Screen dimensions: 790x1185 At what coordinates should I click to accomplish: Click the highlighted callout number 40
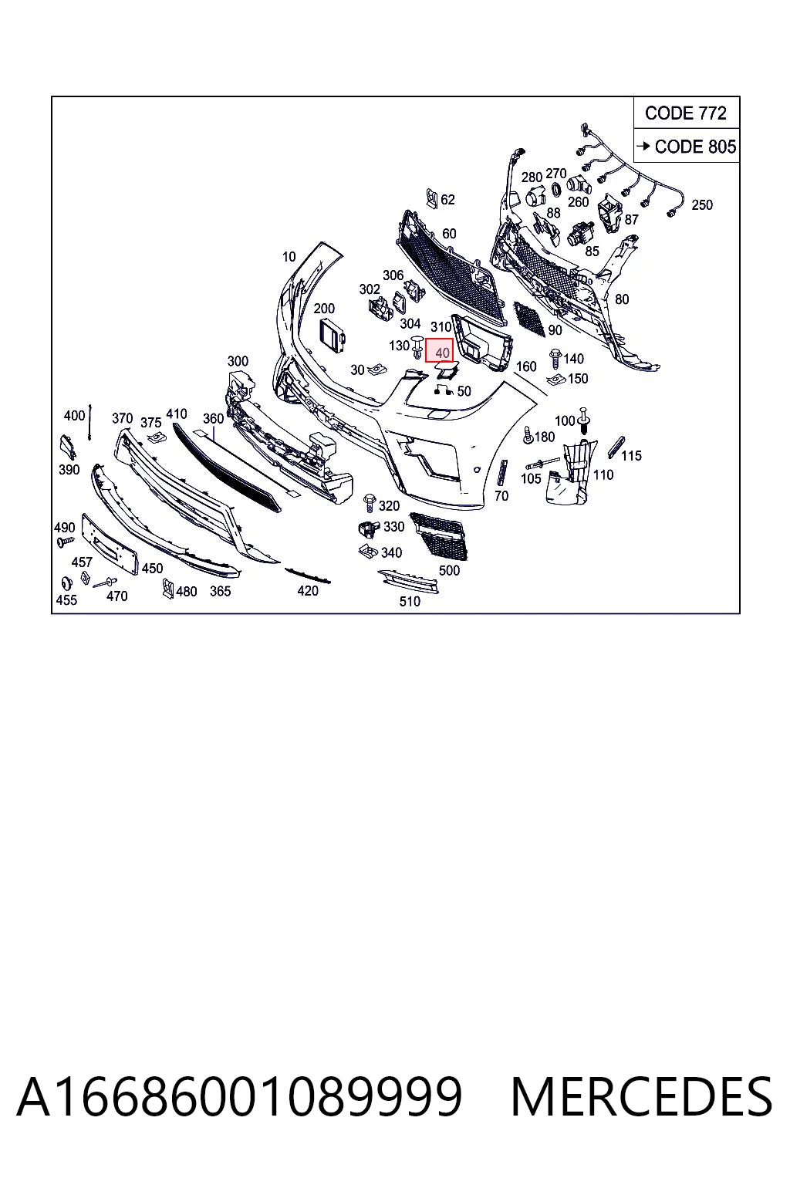pos(439,351)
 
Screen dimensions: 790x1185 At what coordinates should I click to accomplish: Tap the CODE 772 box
pos(686,113)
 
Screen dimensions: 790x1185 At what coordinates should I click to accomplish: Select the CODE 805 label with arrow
pos(687,146)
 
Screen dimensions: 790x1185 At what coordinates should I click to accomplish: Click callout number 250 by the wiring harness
pos(702,204)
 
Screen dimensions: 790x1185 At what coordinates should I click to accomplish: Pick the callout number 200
pos(324,308)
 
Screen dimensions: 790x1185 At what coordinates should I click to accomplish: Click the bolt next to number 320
pos(370,503)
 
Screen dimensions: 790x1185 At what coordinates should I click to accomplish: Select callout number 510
pos(410,601)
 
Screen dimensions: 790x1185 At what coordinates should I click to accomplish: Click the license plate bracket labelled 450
pos(110,544)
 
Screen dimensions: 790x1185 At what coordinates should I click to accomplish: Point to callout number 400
pos(74,416)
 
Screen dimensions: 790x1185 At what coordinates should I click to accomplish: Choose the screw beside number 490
pos(66,541)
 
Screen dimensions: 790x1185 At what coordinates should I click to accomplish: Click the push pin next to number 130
pos(417,346)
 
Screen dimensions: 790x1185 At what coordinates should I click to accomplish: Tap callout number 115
pos(631,455)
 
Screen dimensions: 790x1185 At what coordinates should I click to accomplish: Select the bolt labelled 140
pos(555,358)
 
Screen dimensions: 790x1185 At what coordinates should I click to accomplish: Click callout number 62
pos(447,200)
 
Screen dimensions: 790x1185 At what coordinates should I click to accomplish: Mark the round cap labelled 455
pos(66,583)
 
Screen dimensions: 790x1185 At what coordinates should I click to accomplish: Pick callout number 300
pos(238,361)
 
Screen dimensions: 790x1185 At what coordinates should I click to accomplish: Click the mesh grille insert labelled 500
pos(439,535)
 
